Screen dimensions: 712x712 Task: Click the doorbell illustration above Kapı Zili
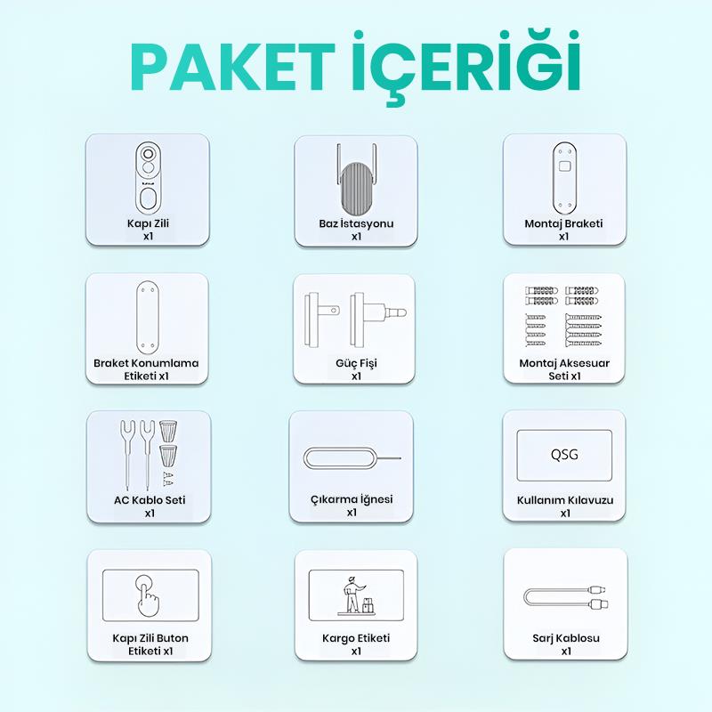148,177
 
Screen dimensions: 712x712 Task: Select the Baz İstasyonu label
356,223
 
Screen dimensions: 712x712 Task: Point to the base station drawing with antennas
357,180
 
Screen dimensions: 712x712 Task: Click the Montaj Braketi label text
563,223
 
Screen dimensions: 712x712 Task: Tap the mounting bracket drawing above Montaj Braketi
564,178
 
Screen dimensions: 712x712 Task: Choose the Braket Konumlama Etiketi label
146,369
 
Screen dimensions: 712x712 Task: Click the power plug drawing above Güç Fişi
355,320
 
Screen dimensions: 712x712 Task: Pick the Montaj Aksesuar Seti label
564,369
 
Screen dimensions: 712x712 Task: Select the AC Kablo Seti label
150,500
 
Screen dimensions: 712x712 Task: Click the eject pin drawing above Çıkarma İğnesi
352,458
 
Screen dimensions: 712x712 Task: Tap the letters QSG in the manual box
564,455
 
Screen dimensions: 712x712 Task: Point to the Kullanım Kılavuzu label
565,500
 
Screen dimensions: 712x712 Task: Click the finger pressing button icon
147,595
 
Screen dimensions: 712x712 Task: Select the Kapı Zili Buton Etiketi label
150,644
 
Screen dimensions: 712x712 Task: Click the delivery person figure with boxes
357,595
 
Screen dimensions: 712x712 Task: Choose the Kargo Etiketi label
356,638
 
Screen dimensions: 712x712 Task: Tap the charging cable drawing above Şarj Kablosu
566,597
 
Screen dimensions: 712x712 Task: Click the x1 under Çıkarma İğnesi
352,513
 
